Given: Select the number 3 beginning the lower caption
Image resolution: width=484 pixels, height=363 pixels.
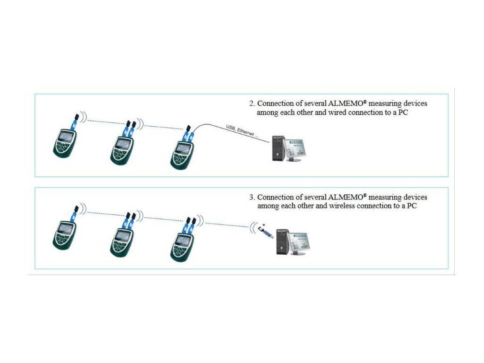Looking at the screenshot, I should pos(252,197).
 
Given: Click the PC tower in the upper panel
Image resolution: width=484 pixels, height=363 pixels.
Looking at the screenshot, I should pos(278,148).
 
